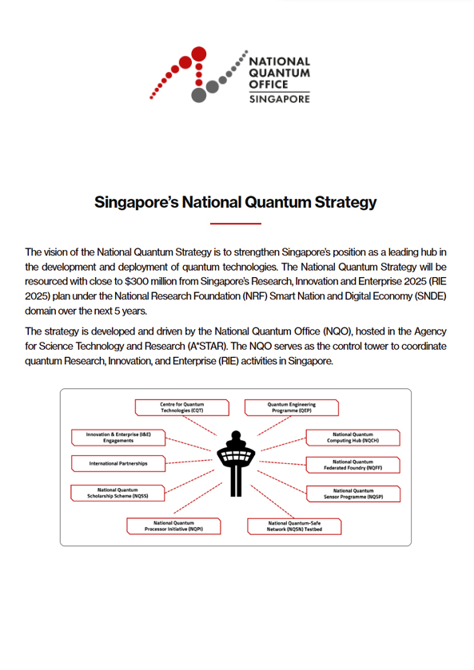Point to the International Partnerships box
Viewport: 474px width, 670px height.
(x=118, y=462)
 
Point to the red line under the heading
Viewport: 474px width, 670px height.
(x=236, y=224)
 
